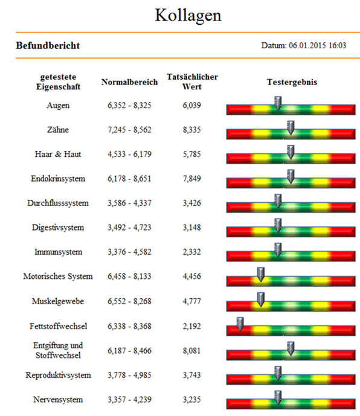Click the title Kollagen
(x=188, y=15)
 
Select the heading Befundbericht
(x=48, y=45)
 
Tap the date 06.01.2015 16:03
(x=318, y=45)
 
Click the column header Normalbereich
(x=129, y=82)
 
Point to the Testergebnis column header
(x=292, y=82)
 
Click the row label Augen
(x=58, y=105)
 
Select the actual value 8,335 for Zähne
(x=191, y=130)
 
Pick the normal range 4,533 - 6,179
(x=129, y=154)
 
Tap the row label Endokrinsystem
(x=58, y=179)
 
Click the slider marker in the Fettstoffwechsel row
(x=240, y=324)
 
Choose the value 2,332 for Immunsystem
(x=191, y=252)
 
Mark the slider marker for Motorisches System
(x=261, y=274)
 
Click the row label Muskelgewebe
(x=58, y=301)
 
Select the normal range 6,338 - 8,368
(x=129, y=326)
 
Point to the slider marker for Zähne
(x=291, y=127)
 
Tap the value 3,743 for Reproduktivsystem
(x=191, y=375)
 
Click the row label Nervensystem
(x=58, y=400)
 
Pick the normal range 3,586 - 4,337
(x=129, y=203)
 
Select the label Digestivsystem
(x=58, y=228)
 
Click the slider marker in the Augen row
(x=278, y=103)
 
